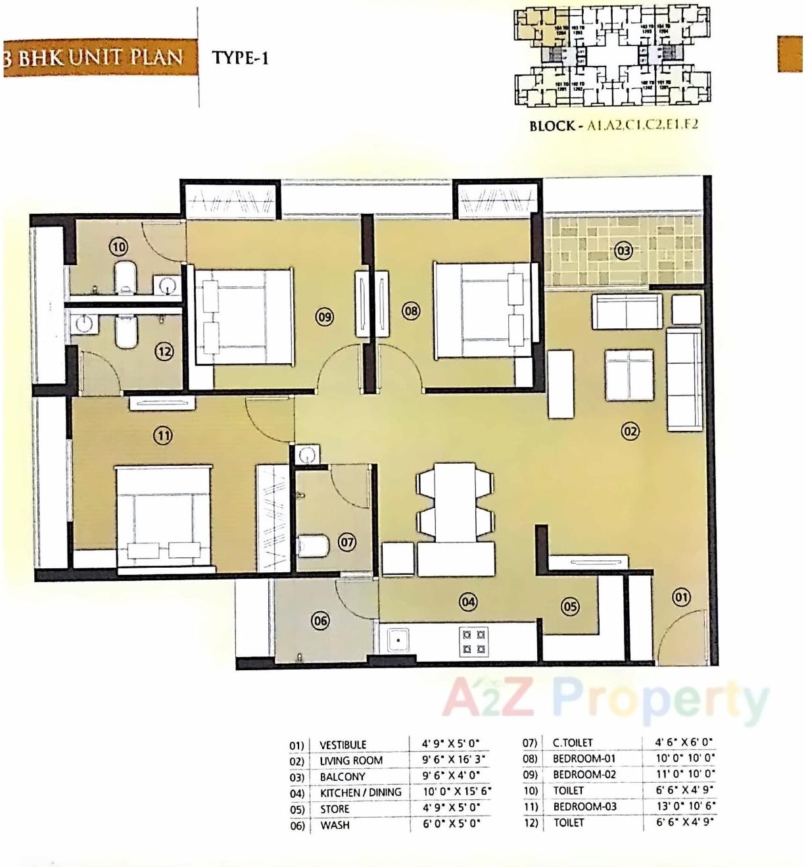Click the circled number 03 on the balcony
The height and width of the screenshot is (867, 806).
(623, 251)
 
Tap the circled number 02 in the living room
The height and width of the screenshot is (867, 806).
(630, 432)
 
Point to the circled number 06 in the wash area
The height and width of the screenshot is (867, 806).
(320, 620)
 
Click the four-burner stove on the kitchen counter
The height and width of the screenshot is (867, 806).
(474, 642)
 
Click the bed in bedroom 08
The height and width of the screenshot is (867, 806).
(483, 310)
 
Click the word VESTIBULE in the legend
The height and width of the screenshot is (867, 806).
(343, 745)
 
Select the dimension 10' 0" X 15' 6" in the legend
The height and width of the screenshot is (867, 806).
(456, 791)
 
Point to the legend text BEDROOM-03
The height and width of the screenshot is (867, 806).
(584, 806)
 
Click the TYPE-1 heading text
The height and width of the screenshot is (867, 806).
(240, 58)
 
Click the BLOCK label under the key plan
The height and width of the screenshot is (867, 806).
(552, 126)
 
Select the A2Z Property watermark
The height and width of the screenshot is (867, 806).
(605, 699)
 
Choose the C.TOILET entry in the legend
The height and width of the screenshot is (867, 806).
(572, 743)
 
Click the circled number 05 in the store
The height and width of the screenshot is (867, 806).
(570, 607)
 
